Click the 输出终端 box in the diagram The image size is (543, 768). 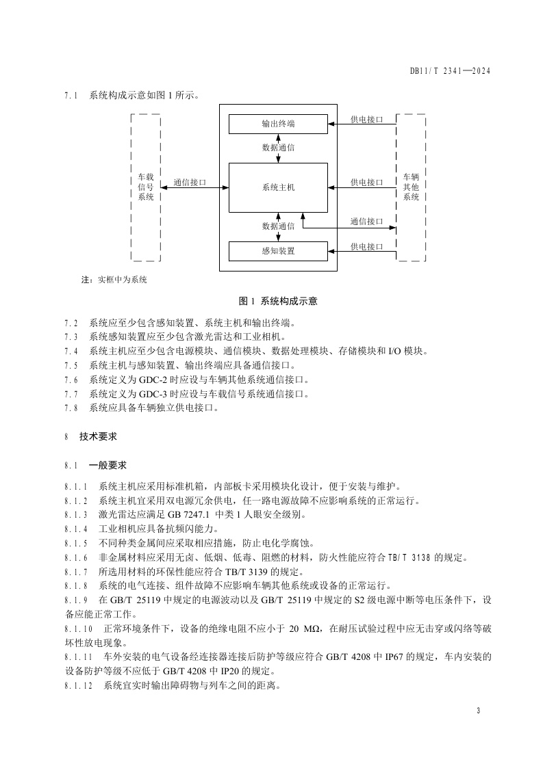278,124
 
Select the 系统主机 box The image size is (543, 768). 278,187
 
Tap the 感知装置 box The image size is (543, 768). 278,251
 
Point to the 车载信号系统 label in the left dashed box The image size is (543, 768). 146,187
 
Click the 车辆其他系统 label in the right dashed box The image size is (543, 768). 411,187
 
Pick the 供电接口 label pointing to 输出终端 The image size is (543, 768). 366,120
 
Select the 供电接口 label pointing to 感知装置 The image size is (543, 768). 366,246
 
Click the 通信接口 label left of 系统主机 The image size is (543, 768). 190,183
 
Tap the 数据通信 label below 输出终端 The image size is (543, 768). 278,147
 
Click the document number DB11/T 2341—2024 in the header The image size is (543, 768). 451,70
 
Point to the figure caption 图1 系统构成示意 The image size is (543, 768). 277,300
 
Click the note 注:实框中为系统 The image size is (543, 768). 114,280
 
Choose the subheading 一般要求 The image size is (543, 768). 108,465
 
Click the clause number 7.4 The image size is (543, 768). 71,351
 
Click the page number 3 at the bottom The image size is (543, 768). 478,711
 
